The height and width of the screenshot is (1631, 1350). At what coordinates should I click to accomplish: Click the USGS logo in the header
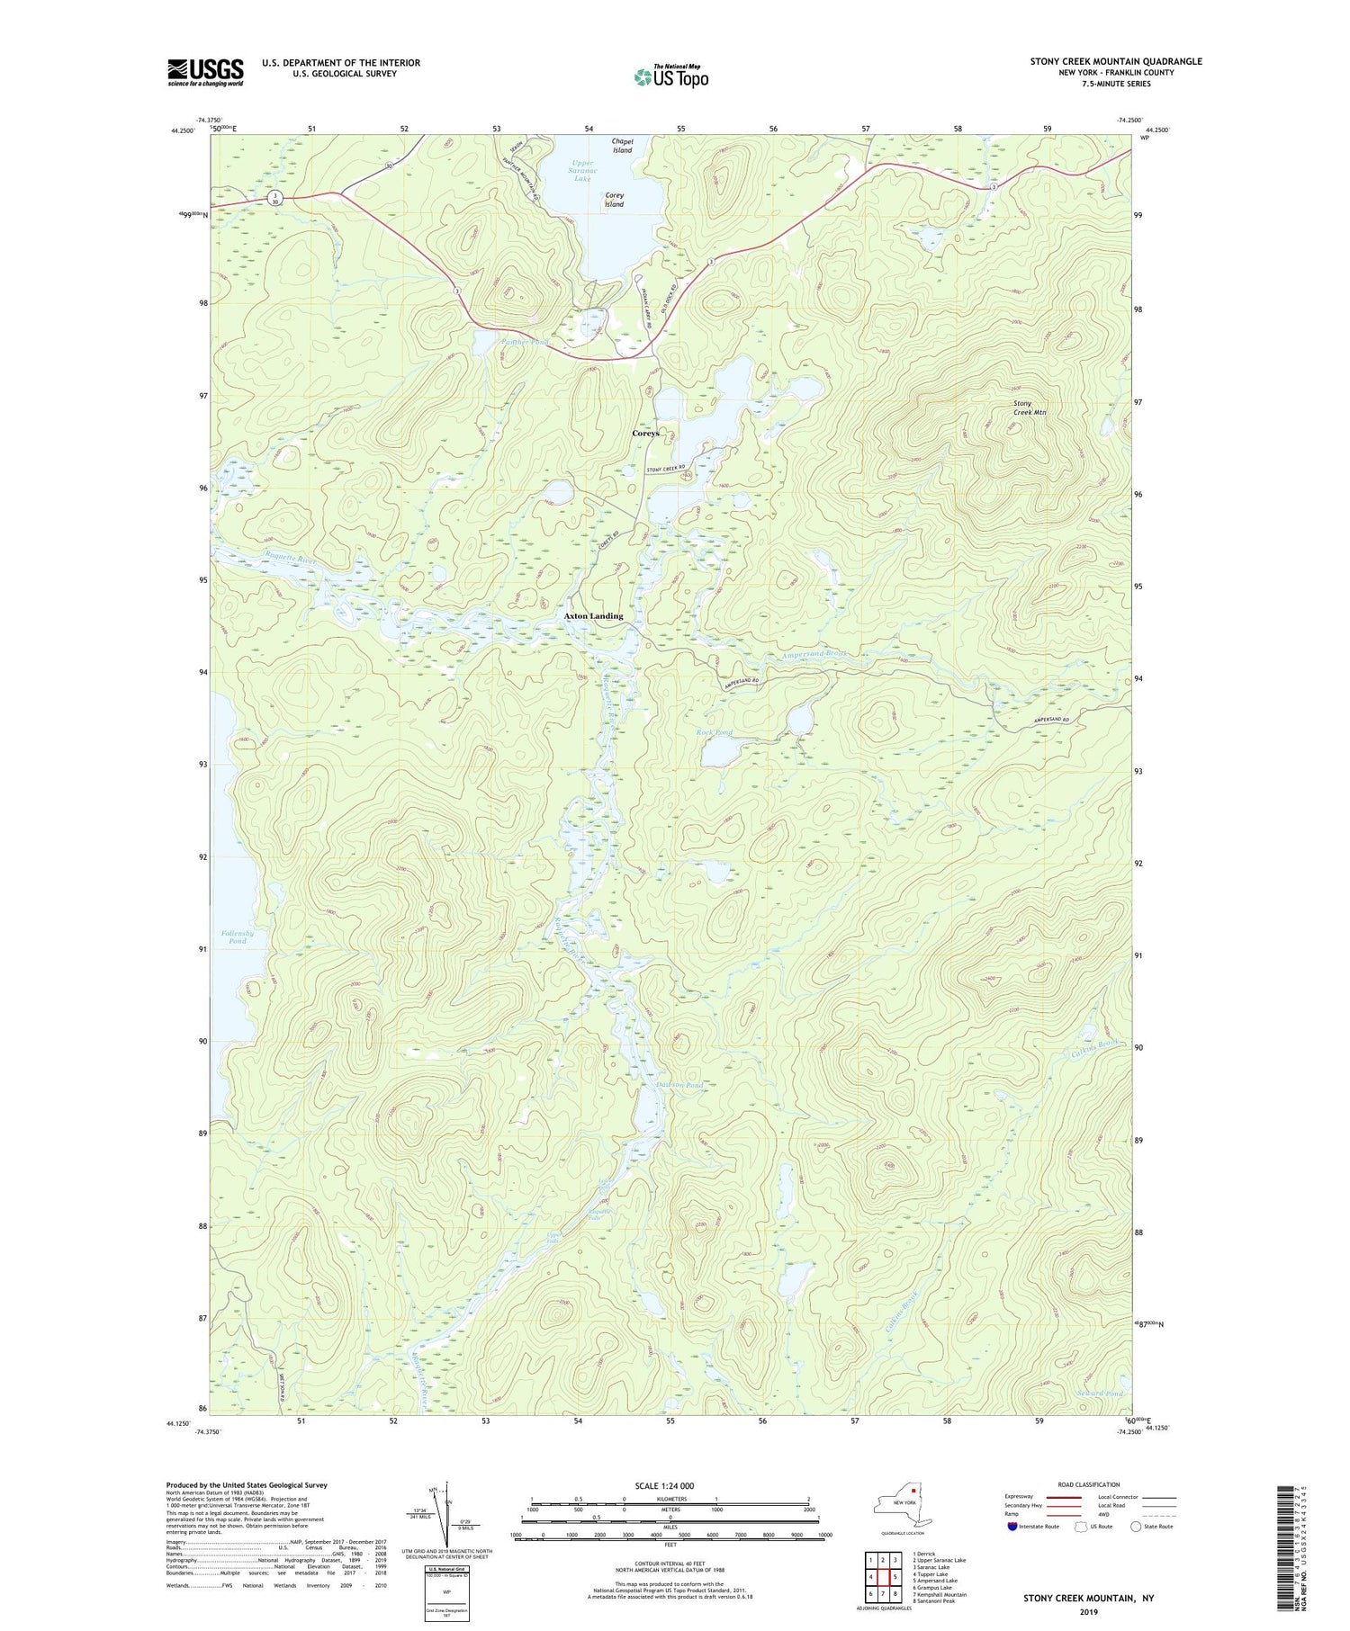205,72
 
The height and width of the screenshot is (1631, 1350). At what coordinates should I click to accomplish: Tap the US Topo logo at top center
670,76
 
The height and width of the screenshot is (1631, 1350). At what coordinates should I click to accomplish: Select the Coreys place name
645,434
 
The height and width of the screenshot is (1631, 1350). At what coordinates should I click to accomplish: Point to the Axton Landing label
593,616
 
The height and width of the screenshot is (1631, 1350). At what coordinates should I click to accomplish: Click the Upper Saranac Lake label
582,171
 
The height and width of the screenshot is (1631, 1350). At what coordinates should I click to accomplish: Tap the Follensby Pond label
237,936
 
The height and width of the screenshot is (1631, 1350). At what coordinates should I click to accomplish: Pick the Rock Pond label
715,732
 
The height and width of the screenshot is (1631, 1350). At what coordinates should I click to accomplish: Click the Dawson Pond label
679,1086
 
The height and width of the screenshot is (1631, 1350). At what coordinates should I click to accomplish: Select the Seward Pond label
1100,1394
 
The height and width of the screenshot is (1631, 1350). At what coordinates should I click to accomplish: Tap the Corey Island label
614,200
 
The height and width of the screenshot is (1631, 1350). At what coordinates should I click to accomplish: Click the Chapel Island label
622,146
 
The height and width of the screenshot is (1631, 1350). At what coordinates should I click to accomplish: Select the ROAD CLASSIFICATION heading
1089,1484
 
